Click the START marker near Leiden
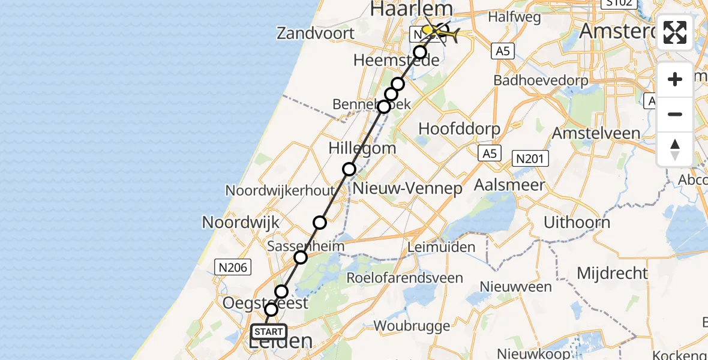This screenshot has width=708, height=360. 268,332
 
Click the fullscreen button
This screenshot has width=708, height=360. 675,32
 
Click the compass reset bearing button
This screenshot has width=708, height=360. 675,149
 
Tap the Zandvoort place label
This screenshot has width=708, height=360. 316,34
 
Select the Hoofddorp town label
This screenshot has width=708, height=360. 459,128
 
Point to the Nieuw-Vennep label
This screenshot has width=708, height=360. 408,188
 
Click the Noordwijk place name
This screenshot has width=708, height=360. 241,223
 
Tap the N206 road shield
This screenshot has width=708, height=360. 233,268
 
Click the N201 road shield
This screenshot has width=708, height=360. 530,158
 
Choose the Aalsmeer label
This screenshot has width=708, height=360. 509,185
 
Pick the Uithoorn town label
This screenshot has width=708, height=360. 577,222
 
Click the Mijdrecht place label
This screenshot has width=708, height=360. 612,274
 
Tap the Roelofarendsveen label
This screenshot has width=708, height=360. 405,278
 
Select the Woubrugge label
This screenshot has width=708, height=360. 412,326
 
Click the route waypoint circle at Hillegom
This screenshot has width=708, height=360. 349,169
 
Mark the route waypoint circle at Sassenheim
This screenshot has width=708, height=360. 301,257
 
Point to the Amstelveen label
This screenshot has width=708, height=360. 596,133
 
